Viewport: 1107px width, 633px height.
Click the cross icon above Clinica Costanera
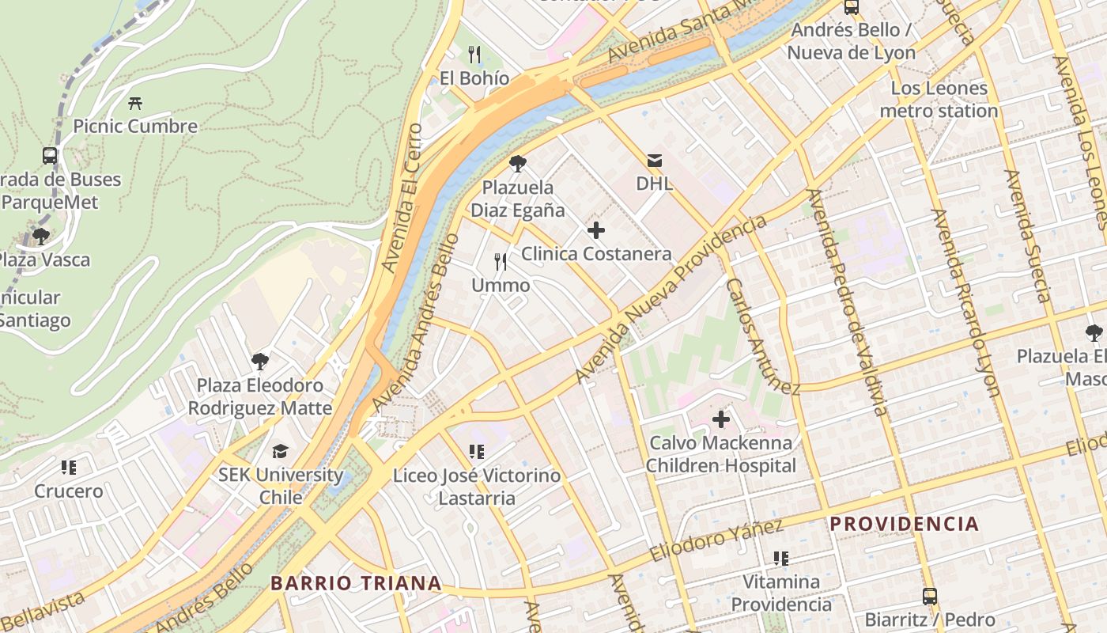[596, 231]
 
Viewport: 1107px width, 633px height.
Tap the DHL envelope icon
[655, 161]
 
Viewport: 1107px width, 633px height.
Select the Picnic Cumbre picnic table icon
[135, 103]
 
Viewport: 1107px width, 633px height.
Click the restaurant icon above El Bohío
[474, 55]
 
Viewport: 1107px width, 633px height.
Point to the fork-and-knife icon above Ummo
[501, 262]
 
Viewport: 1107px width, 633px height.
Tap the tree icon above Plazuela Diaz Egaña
[518, 165]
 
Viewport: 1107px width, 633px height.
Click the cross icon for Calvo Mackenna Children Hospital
[721, 419]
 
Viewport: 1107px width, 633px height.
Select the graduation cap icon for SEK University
[281, 452]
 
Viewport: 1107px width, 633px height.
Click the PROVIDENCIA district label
[904, 524]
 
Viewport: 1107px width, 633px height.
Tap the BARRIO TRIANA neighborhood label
[356, 583]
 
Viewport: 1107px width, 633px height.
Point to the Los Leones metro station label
[939, 100]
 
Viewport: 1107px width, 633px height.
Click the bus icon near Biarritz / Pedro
[930, 597]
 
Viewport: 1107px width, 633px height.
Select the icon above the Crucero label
[69, 468]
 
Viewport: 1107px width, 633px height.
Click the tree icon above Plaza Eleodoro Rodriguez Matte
[260, 362]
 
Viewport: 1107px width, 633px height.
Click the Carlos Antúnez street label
[762, 336]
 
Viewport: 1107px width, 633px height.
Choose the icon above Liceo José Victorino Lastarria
[476, 452]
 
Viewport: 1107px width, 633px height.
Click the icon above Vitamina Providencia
[781, 559]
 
